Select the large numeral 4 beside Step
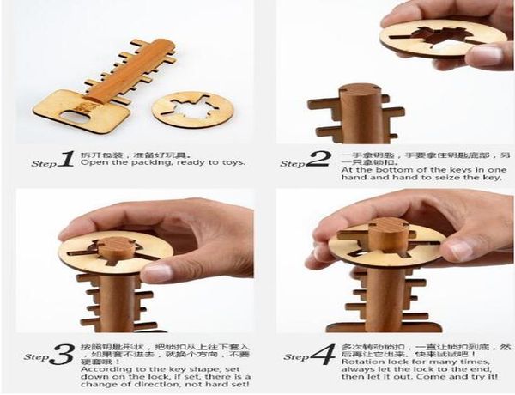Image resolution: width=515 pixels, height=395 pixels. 319,353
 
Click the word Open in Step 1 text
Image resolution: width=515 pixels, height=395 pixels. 92,161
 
